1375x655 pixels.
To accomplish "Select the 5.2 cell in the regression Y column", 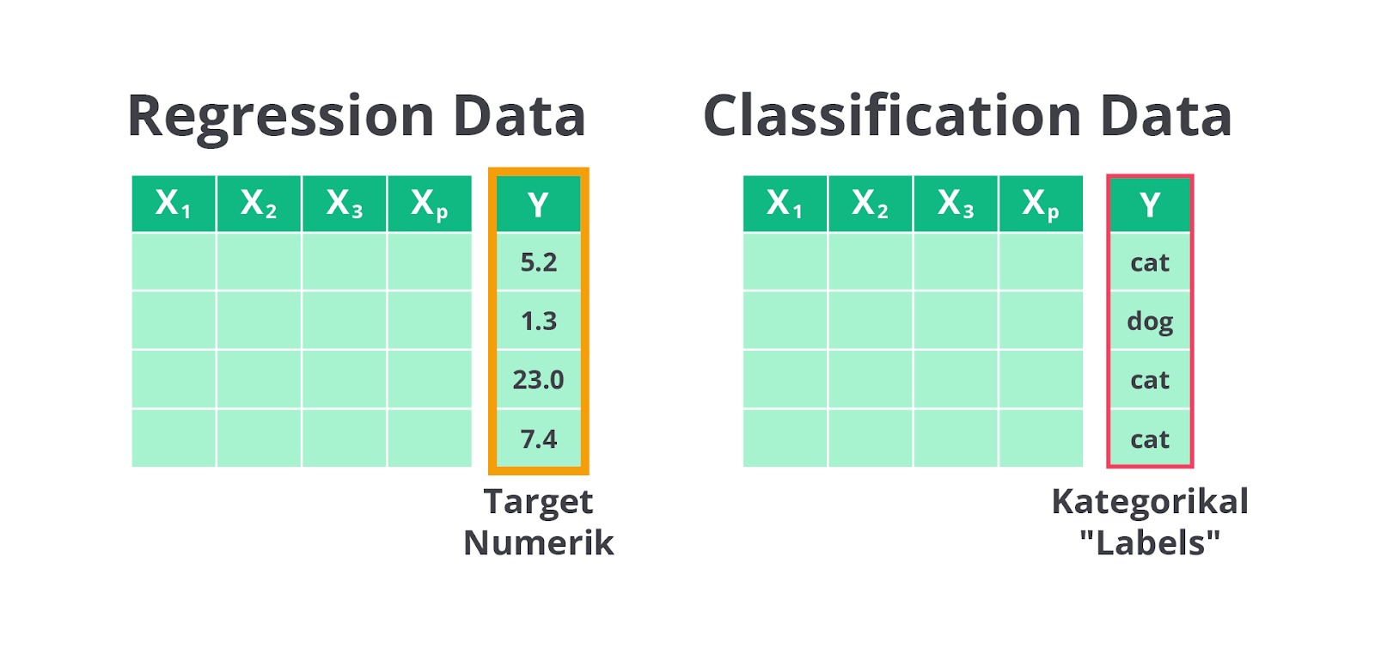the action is click(538, 262).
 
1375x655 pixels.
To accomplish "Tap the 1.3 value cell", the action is click(538, 321).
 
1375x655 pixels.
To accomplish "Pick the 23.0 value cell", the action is click(538, 379).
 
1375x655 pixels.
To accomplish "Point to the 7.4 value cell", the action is click(538, 438).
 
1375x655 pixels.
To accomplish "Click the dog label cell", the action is click(1150, 321).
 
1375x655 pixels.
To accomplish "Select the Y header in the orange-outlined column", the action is click(538, 204).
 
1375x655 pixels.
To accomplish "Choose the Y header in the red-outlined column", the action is click(1150, 204).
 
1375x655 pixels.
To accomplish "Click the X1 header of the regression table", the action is click(173, 204).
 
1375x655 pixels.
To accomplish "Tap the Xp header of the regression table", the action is click(430, 204).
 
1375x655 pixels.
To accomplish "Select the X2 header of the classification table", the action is click(870, 204).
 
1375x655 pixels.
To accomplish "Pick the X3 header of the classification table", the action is click(955, 204).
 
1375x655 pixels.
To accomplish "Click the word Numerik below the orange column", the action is click(538, 542).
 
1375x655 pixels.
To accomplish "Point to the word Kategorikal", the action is click(1150, 501).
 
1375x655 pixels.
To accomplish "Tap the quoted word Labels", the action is click(1150, 542).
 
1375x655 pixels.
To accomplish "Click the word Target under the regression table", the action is click(538, 503).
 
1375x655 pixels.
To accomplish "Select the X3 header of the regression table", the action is click(345, 204).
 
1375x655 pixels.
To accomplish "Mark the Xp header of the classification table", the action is click(1041, 204).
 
